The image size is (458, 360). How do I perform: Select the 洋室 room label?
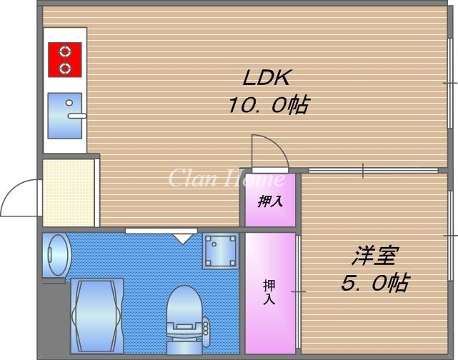(374, 255)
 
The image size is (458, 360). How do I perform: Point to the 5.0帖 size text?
(374, 283)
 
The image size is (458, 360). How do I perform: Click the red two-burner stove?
(65, 59)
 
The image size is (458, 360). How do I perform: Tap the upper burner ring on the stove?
(65, 51)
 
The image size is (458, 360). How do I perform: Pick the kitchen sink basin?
(64, 115)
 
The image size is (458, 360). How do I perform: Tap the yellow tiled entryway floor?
(69, 193)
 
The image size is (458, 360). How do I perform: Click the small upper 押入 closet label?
(270, 201)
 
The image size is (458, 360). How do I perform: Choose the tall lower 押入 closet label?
(269, 291)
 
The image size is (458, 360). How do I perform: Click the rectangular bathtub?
(98, 314)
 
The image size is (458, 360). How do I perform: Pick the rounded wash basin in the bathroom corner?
(56, 254)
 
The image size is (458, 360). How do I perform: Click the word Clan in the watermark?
(186, 178)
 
